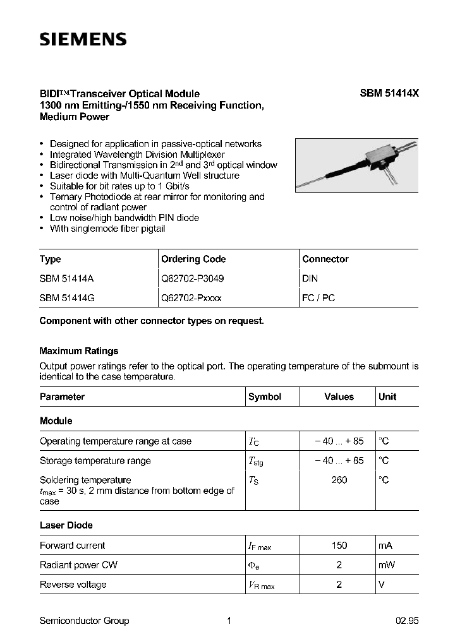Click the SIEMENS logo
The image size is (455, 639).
click(x=83, y=40)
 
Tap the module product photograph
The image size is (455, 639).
click(x=356, y=165)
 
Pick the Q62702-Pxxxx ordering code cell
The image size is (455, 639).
click(x=191, y=297)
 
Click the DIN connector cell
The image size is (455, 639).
click(x=310, y=278)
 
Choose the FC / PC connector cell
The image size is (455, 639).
click(x=318, y=297)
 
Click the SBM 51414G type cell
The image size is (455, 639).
click(x=67, y=297)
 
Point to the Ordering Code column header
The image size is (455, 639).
click(x=193, y=259)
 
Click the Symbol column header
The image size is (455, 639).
click(x=265, y=397)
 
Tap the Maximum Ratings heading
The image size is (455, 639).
click(x=79, y=351)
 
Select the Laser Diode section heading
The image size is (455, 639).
click(x=66, y=525)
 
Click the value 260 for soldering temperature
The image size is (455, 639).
click(x=339, y=480)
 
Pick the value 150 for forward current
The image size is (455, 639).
click(x=339, y=546)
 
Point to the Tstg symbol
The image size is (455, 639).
click(x=256, y=462)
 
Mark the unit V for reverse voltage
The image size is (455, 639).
click(x=381, y=585)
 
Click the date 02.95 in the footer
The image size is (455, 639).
click(x=405, y=621)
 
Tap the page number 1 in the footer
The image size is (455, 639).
click(x=229, y=621)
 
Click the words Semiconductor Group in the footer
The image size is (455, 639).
click(x=84, y=621)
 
